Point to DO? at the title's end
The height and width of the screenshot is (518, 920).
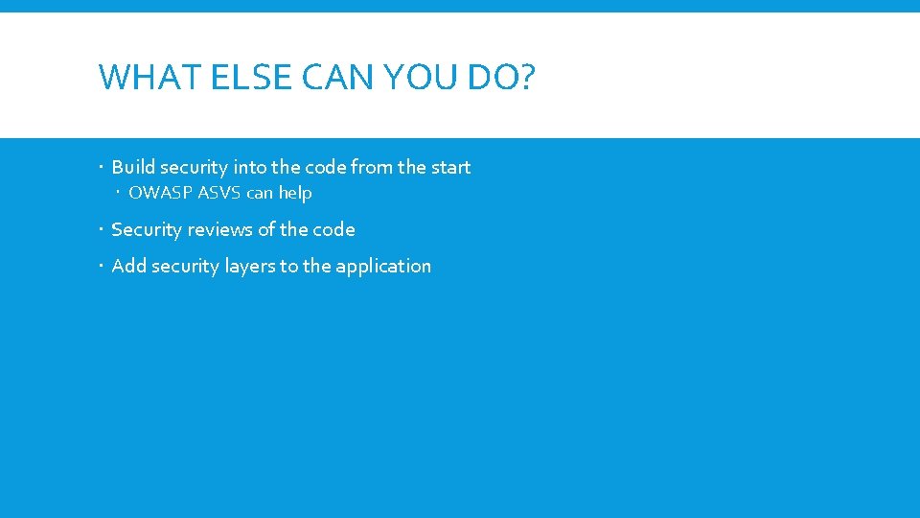point(502,77)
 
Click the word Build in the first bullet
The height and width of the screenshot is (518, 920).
point(132,167)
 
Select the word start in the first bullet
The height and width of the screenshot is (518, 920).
point(450,167)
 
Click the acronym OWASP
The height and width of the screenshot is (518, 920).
point(159,193)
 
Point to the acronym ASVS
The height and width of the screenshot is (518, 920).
point(219,193)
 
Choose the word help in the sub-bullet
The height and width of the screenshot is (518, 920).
point(295,193)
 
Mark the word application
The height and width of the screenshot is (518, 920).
point(383,267)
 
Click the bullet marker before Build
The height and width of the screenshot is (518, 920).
point(103,168)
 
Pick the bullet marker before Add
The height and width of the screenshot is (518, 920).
point(103,267)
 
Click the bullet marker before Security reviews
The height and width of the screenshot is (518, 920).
point(103,230)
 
